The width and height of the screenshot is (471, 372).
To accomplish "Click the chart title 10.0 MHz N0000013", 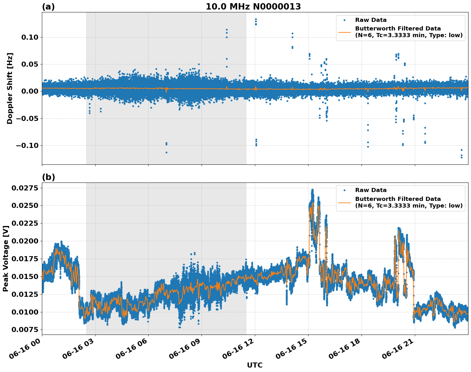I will [253, 7].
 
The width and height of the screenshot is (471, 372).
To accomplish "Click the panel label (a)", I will [48, 7].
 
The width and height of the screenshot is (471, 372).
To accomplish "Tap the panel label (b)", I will [48, 177].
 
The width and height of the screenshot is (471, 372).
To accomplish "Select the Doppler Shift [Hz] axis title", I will [10, 88].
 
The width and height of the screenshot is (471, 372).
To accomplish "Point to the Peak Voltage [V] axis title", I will [5, 259].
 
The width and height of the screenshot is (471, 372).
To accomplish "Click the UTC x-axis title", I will [255, 365].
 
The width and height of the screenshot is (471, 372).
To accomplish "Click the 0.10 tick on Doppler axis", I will [30, 37].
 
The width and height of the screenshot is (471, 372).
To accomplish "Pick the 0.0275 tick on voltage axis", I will [25, 188].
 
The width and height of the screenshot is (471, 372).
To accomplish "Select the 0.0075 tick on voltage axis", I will [25, 329].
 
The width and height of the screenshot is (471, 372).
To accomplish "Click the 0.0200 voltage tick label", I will [25, 241].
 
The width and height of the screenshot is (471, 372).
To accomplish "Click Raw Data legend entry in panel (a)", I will [371, 20].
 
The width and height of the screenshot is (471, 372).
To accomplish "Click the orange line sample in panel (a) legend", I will [344, 32].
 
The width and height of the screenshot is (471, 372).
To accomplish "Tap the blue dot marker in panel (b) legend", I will [344, 190].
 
